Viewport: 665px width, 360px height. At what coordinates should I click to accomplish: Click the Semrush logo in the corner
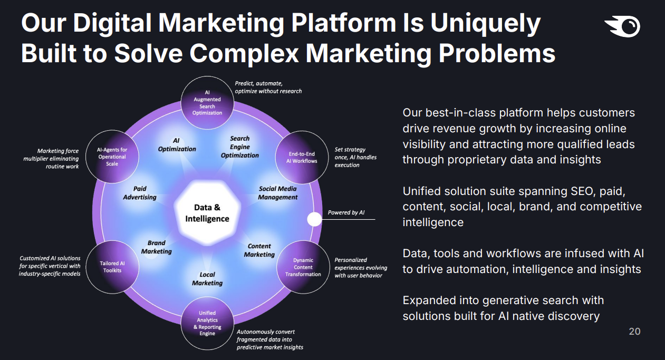click(622, 26)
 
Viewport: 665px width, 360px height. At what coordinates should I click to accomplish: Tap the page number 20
click(634, 332)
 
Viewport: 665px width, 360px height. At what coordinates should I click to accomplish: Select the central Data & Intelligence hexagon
click(207, 213)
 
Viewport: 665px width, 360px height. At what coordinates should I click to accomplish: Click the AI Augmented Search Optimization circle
click(207, 103)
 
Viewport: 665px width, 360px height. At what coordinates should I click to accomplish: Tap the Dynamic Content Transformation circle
click(303, 267)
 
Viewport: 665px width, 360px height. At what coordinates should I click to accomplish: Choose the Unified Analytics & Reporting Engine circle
click(207, 323)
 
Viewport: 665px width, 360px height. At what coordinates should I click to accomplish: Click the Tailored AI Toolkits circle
click(112, 267)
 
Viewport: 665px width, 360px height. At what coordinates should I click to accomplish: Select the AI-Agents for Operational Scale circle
click(112, 157)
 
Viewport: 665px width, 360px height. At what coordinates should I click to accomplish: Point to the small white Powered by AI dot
click(314, 219)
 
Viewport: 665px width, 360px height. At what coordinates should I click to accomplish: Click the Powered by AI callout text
click(346, 212)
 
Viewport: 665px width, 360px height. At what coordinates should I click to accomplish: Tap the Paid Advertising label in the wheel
click(140, 193)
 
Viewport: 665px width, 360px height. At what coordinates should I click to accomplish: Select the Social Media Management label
click(277, 193)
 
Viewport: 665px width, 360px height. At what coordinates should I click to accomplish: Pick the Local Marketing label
click(207, 279)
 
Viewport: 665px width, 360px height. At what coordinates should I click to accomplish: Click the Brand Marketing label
click(156, 247)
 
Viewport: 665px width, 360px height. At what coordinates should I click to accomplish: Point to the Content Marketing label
click(259, 250)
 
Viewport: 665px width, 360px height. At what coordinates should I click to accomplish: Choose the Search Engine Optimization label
click(239, 147)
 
